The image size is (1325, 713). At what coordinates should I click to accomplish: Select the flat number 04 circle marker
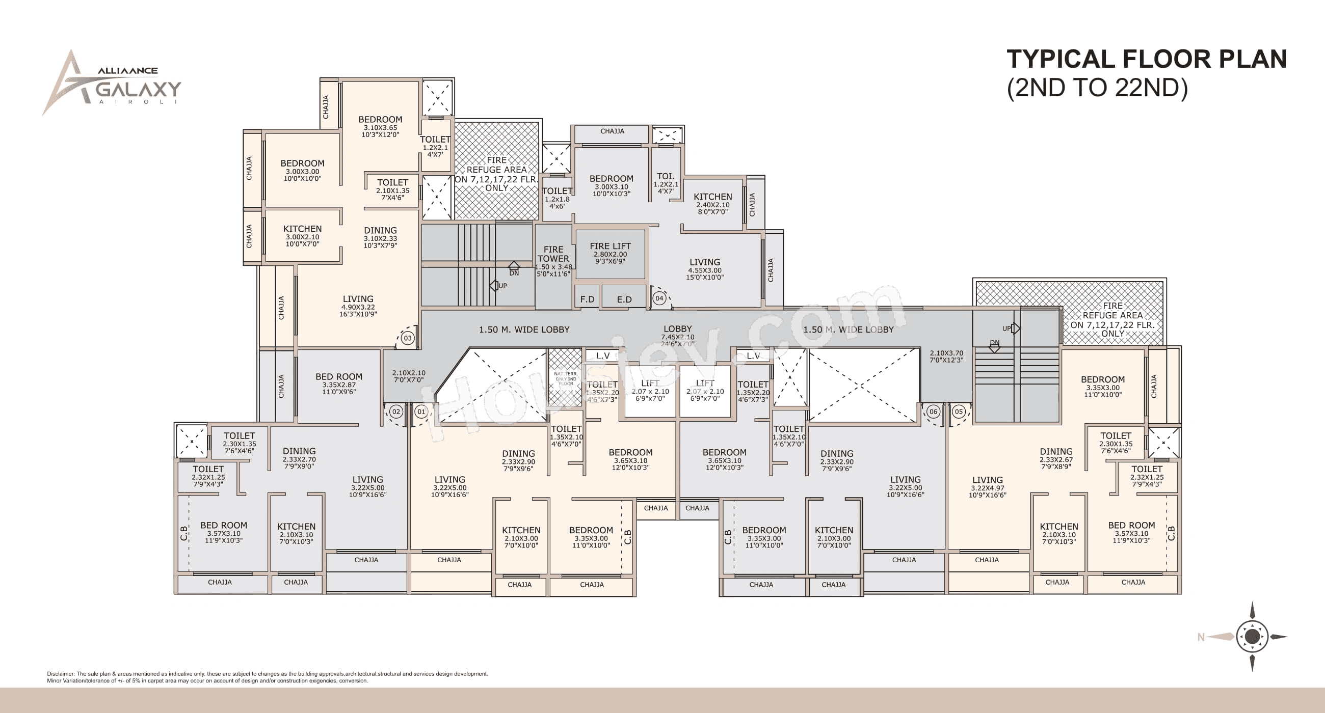coord(659,298)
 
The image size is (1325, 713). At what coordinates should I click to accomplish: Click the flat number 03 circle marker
coord(407,338)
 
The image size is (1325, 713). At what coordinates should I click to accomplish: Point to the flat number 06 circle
coord(933,411)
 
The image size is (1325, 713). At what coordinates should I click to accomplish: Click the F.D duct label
coord(587,299)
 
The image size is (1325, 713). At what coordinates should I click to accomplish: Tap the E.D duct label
coord(624,299)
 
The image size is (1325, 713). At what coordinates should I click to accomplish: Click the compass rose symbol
coord(1252,637)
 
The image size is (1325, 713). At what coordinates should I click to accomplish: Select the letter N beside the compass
coord(1201,638)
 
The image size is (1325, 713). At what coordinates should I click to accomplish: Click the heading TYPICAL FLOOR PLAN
coord(1146,59)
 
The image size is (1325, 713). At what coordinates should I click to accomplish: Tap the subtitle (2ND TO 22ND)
coord(1097,88)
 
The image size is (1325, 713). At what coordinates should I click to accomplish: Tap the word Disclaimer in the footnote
coord(61,673)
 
